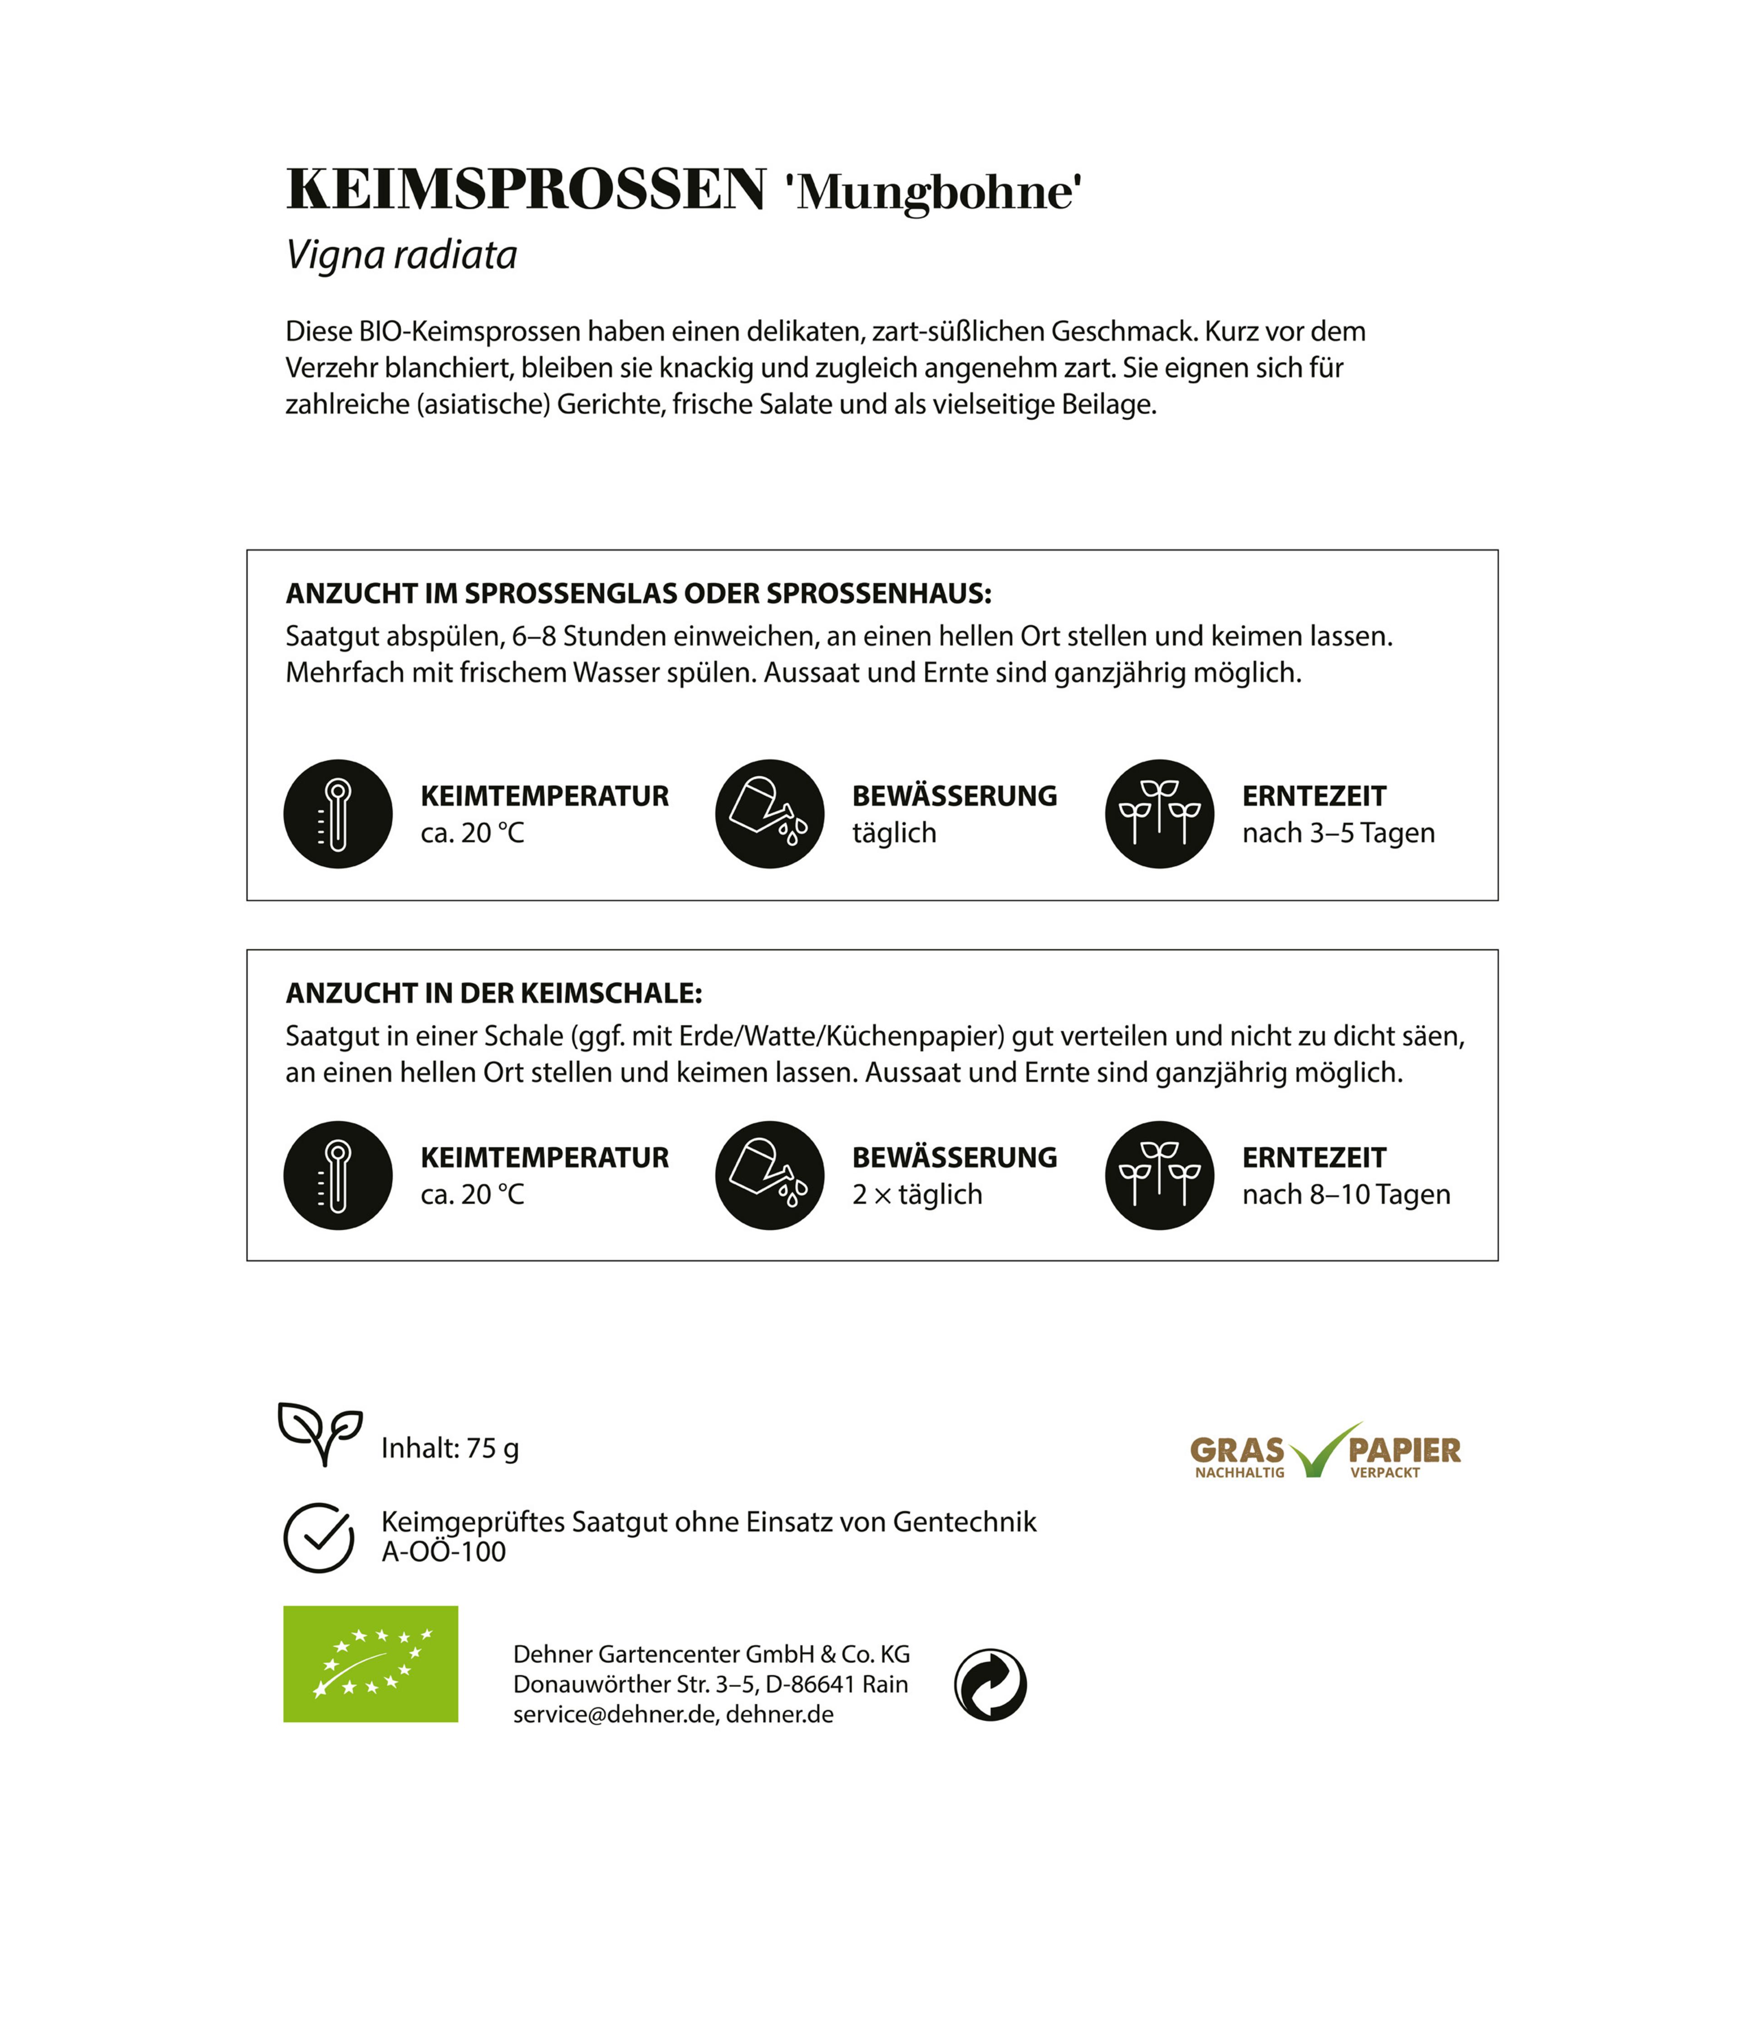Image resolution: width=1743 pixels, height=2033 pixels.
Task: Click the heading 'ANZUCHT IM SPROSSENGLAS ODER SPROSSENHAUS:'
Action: [638, 594]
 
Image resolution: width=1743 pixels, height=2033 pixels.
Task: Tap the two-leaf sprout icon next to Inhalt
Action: [320, 1433]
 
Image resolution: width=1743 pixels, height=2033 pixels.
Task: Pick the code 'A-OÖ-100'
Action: [443, 1552]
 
